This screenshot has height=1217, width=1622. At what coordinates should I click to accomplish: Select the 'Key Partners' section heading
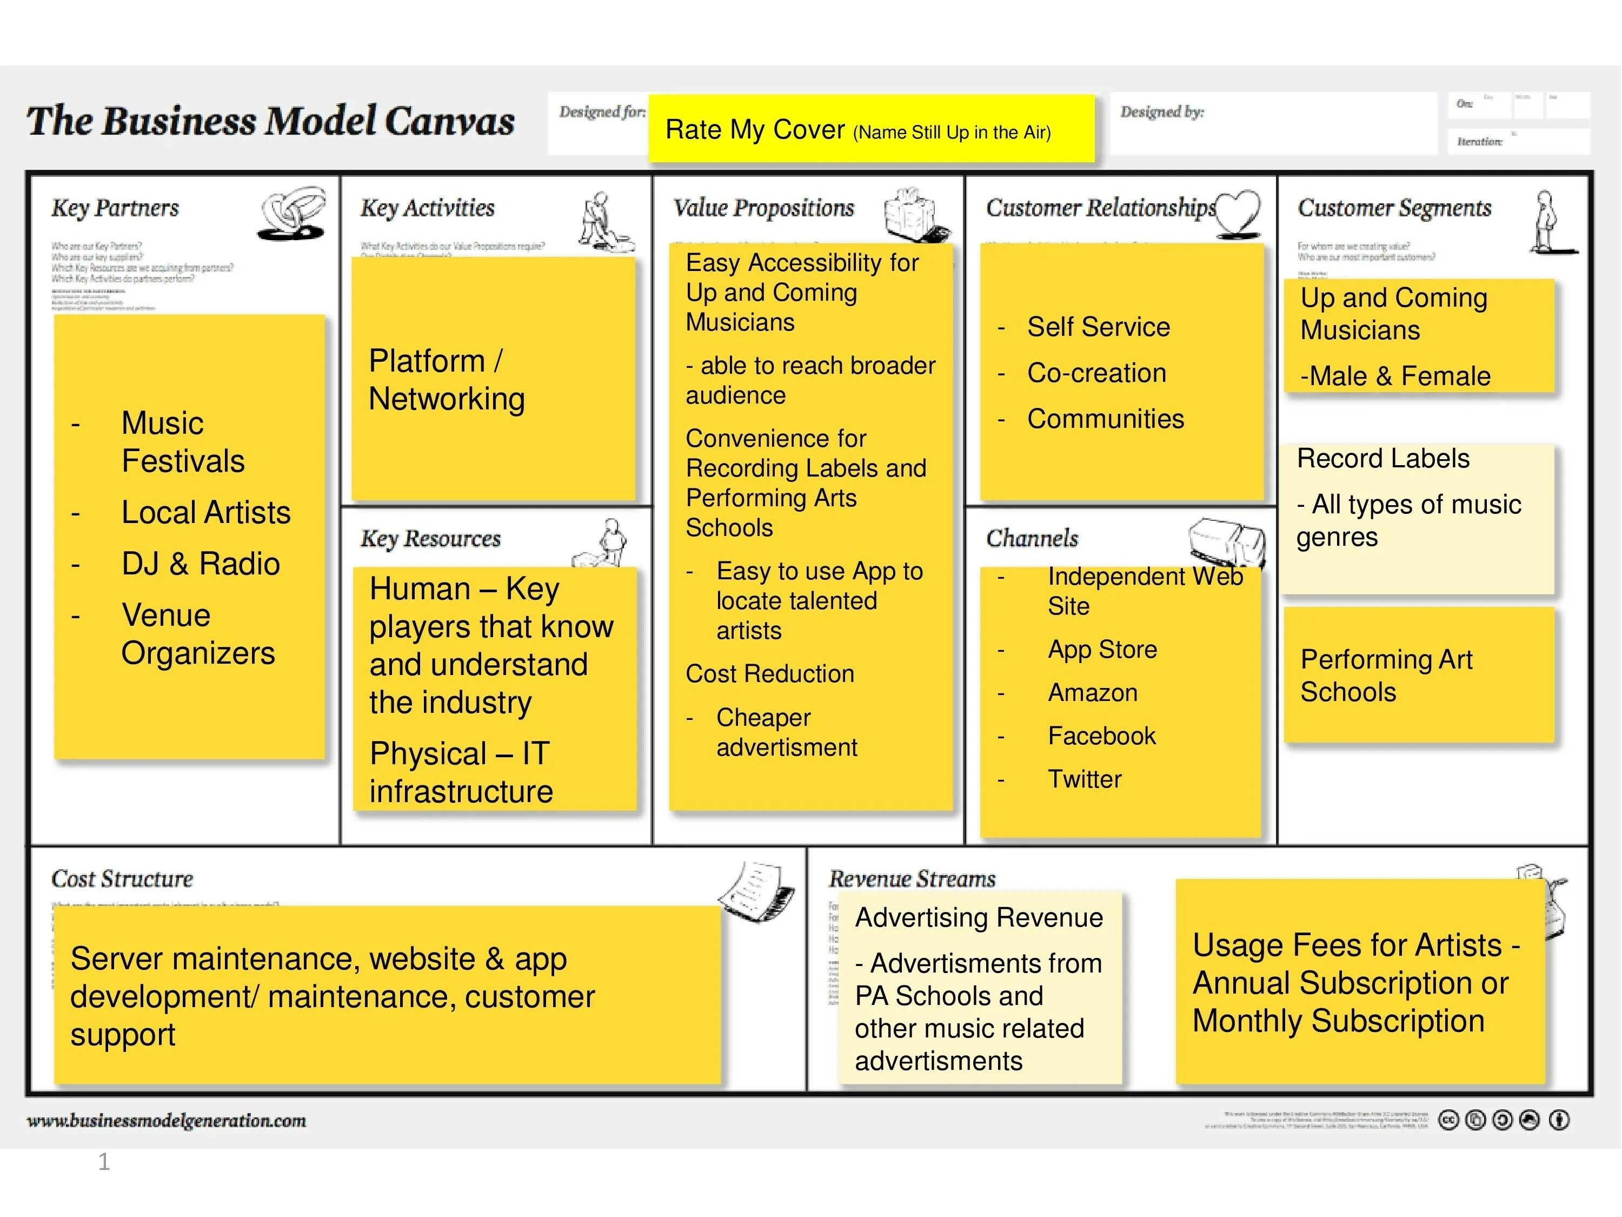click(x=115, y=208)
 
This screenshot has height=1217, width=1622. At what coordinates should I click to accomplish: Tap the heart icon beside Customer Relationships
click(x=1238, y=212)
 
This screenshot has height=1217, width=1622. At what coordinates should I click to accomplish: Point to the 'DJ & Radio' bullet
click(x=200, y=564)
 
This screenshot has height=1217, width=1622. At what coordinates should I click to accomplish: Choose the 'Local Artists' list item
click(x=205, y=513)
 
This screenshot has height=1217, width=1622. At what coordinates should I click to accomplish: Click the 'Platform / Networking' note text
click(x=446, y=380)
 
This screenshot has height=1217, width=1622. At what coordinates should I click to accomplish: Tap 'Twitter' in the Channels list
click(x=1084, y=779)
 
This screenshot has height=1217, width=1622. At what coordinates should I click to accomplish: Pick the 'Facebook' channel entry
click(x=1101, y=736)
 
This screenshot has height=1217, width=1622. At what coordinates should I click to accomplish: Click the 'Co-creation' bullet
click(x=1096, y=373)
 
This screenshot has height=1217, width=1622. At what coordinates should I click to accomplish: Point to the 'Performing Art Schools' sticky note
click(x=1386, y=676)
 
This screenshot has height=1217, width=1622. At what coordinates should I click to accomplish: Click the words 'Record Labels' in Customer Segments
click(x=1383, y=459)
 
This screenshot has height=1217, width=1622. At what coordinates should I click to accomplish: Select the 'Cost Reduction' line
click(x=770, y=674)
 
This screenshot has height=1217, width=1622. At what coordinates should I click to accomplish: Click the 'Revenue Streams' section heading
click(x=912, y=879)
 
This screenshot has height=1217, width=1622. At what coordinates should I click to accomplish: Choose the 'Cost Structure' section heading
click(x=122, y=879)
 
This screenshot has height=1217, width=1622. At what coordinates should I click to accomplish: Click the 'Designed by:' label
click(x=1161, y=113)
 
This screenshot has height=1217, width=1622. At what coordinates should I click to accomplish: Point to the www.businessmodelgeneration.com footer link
click(x=167, y=1121)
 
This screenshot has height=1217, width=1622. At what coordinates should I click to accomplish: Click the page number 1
click(x=104, y=1162)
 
